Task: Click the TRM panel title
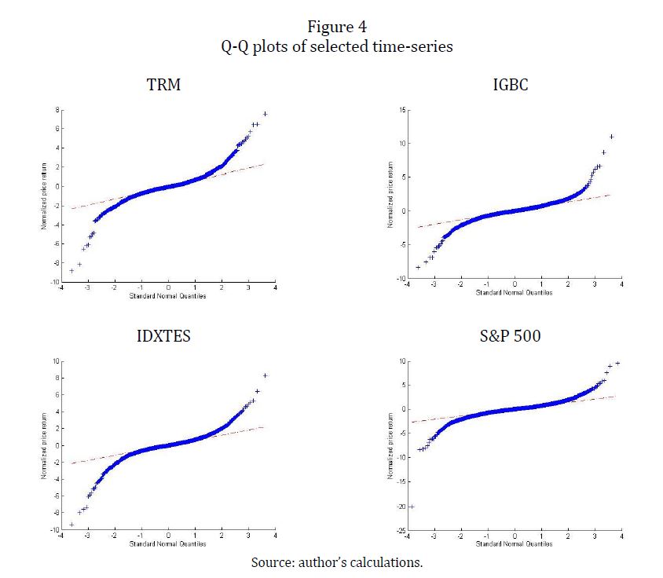pos(163,84)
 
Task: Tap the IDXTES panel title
pos(163,336)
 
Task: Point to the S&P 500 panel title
pos(510,336)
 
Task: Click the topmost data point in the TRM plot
pos(266,114)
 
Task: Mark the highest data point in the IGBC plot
pos(611,137)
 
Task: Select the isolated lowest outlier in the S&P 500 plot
pos(411,507)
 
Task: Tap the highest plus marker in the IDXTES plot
pos(266,375)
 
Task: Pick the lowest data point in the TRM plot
pos(71,270)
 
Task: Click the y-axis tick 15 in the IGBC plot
pos(401,111)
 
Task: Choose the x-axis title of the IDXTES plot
pos(167,545)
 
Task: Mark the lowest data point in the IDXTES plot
pos(71,525)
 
